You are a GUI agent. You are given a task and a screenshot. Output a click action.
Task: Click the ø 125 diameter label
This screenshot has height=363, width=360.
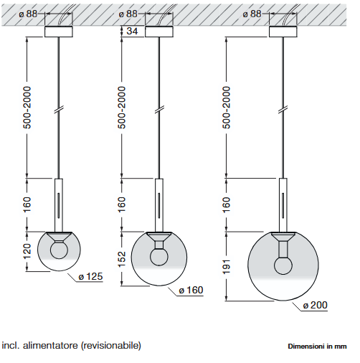click(x=90, y=276)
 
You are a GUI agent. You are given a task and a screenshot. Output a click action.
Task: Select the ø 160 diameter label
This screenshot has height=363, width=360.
click(x=191, y=290)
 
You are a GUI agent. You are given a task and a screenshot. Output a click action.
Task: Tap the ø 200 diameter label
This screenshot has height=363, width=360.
click(x=315, y=305)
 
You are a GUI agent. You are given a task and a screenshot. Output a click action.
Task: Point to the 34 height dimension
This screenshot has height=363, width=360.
click(x=132, y=31)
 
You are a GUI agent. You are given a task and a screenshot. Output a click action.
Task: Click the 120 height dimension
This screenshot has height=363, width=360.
click(x=27, y=251)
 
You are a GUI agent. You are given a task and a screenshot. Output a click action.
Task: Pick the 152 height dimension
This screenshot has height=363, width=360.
click(x=122, y=259)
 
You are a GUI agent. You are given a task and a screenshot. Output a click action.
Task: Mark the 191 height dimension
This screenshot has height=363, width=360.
click(x=226, y=267)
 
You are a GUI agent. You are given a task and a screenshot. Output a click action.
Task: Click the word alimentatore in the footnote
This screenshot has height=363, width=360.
click(x=50, y=346)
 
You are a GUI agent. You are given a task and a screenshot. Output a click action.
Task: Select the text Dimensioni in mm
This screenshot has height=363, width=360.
click(x=317, y=346)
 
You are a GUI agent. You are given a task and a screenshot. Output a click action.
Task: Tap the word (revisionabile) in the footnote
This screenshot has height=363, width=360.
click(x=111, y=346)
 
